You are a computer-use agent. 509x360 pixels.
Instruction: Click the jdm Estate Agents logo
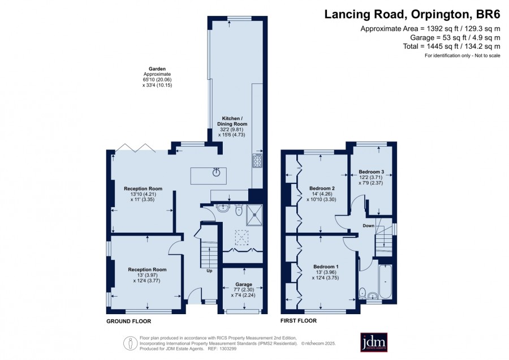click(374, 342)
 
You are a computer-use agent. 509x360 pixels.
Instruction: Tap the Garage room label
click(243, 284)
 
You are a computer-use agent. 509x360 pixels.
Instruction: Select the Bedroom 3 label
click(371, 172)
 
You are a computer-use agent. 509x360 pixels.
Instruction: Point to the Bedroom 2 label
click(322, 188)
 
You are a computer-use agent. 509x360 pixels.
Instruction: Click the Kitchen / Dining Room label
click(232, 121)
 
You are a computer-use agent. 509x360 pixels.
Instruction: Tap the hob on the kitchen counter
click(257, 161)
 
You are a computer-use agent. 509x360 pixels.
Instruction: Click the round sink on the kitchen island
click(216, 172)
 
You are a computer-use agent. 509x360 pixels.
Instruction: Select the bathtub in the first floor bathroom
click(385, 281)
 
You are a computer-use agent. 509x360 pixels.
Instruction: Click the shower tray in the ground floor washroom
click(255, 215)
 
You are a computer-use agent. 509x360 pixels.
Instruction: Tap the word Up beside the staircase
click(209, 271)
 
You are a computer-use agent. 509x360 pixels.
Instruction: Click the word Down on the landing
click(368, 225)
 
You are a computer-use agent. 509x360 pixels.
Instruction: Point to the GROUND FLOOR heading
click(129, 322)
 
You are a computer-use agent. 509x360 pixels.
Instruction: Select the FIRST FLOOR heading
click(298, 321)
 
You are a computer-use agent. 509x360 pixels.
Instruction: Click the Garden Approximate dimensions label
click(157, 77)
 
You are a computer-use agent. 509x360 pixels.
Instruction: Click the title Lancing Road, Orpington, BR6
click(412, 14)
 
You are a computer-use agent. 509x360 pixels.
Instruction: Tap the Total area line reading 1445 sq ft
click(451, 46)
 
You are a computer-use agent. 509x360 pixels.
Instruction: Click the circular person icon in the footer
click(130, 344)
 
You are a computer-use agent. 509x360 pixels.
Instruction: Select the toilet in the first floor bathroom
click(363, 293)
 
